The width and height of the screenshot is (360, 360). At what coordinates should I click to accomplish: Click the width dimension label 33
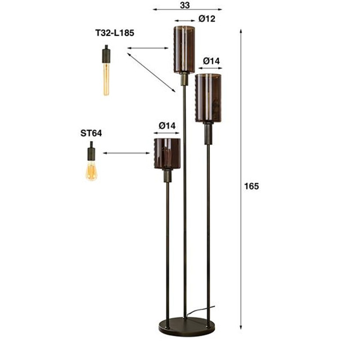tap(185, 4)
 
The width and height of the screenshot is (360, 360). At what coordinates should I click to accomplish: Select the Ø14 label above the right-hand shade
tap(211, 60)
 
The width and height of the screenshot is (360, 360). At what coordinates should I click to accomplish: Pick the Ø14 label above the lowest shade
tap(167, 125)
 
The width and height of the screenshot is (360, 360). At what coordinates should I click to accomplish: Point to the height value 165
tap(251, 186)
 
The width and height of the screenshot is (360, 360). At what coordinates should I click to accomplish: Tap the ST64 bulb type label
tap(91, 134)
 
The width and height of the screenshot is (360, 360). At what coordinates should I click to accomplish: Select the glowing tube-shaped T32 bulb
tap(106, 79)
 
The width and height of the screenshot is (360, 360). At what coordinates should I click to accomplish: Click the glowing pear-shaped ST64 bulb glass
tap(91, 170)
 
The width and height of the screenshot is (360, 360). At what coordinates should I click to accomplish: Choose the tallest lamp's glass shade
tap(183, 49)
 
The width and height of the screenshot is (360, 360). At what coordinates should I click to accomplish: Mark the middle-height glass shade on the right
tap(209, 98)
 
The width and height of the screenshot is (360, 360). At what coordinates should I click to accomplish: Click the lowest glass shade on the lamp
tap(167, 154)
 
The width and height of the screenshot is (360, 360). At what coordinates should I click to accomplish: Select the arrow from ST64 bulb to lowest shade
tap(127, 152)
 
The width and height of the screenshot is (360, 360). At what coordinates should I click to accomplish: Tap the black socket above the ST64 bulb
tap(90, 151)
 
